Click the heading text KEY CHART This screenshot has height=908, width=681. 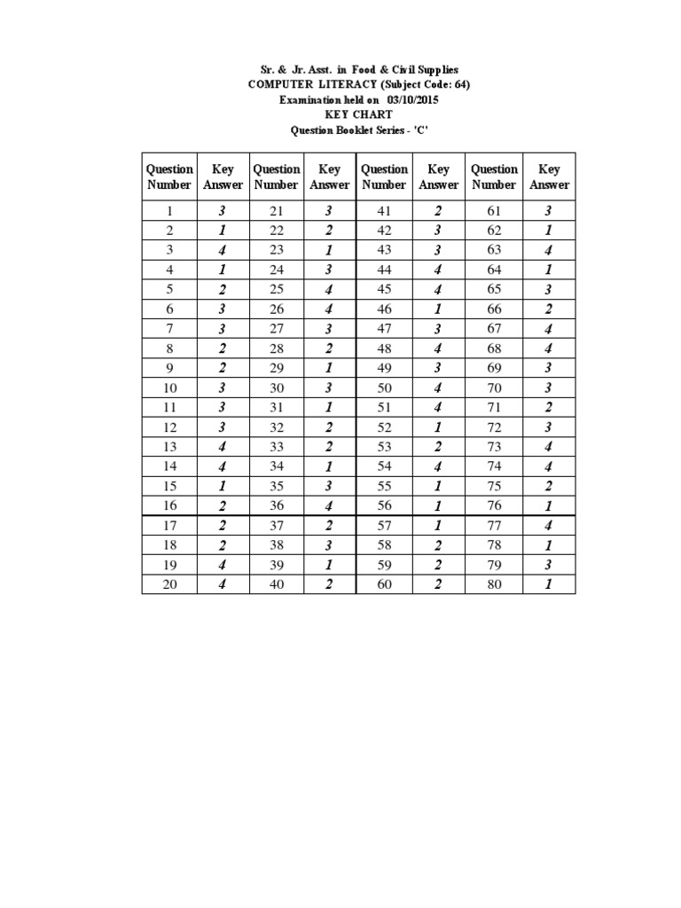358,115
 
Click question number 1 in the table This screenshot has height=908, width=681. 169,211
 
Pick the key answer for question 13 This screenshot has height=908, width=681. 223,446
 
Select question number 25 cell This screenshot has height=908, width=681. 276,289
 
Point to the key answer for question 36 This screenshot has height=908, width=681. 329,505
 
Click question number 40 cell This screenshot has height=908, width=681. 276,584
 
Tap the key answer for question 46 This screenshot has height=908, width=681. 438,309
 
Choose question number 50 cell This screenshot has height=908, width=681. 384,387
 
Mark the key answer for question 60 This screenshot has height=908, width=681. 438,584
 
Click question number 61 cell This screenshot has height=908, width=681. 494,211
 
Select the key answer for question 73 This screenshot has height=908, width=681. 549,446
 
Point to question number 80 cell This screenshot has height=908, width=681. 494,584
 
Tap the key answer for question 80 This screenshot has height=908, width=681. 549,584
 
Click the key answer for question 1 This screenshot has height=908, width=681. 223,211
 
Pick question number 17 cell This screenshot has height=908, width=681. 169,525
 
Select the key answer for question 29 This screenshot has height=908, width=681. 329,367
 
